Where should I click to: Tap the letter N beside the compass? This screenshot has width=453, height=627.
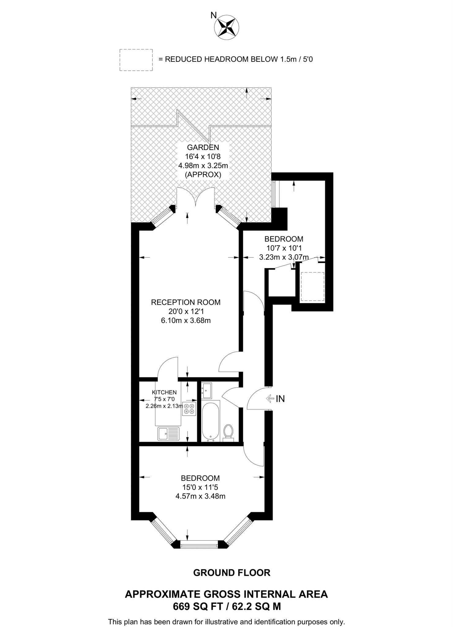213,15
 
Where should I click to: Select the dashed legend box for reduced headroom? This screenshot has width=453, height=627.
136,60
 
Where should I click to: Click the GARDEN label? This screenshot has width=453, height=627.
203,147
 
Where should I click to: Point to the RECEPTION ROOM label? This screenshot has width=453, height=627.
186,302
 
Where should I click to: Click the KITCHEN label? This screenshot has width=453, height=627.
164,392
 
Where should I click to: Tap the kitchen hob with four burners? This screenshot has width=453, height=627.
189,409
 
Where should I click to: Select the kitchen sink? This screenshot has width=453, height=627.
168,434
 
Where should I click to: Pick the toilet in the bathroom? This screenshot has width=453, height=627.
228,432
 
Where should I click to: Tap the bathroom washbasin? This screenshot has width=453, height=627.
206,391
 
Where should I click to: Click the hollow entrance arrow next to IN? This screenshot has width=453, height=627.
270,399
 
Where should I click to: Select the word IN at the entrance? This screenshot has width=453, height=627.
280,399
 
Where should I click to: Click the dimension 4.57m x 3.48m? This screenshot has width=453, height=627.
200,496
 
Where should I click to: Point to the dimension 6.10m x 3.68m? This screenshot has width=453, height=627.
186,321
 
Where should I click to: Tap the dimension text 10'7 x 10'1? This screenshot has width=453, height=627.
284,248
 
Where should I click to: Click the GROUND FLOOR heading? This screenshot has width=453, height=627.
232,573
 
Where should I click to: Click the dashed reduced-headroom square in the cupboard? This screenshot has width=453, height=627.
312,287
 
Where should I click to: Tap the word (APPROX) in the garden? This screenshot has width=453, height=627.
203,175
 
